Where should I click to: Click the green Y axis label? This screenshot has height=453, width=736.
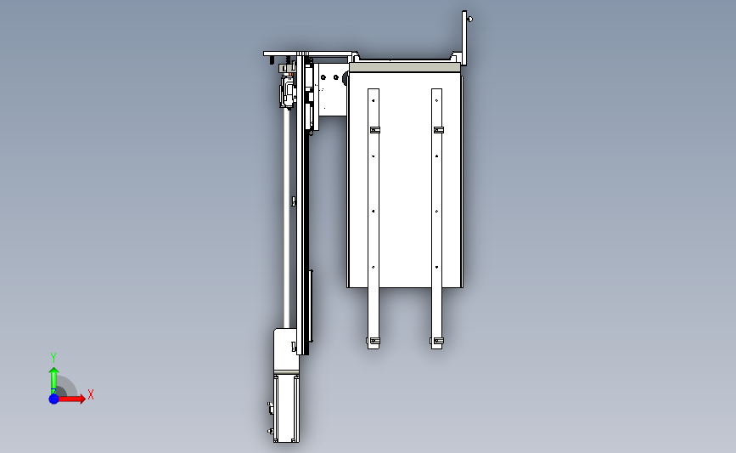click(53, 358)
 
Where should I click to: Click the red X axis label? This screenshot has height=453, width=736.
click(91, 394)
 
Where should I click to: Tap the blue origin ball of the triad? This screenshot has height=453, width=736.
click(54, 399)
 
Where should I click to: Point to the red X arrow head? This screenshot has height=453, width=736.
click(82, 399)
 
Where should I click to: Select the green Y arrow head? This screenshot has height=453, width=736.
click(54, 371)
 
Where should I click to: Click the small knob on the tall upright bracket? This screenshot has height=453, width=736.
click(470, 20)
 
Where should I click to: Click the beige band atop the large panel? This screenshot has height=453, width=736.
click(405, 68)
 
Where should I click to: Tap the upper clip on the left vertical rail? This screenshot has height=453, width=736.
click(375, 130)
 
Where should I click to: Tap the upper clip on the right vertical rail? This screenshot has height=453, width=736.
click(438, 130)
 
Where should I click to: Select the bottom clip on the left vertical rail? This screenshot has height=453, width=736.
click(374, 341)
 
